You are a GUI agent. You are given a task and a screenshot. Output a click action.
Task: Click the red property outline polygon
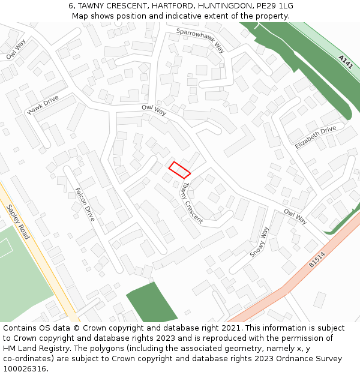pos(179,170)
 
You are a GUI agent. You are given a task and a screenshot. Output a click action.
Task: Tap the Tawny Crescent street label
pos(193,203)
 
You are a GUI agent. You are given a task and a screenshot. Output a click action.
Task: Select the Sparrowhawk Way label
pos(200,40)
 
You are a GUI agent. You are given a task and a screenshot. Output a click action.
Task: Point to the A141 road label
pos(345,62)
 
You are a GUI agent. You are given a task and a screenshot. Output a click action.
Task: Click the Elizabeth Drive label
pos(316,137)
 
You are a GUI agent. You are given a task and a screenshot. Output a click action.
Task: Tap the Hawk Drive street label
pos(43,104)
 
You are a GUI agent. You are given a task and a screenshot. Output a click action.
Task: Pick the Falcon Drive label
pos(85,204)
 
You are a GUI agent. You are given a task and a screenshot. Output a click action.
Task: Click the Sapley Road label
pos(18,221)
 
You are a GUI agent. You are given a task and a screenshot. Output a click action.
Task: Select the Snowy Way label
pos(259,242)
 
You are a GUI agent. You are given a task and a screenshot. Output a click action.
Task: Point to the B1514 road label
pos(317,259)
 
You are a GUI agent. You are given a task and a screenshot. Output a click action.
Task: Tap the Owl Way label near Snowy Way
pos(295,217)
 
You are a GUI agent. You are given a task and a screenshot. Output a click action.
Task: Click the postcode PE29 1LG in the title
pos(274,6)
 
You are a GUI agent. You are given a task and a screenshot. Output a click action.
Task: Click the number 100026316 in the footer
pos(24,368)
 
